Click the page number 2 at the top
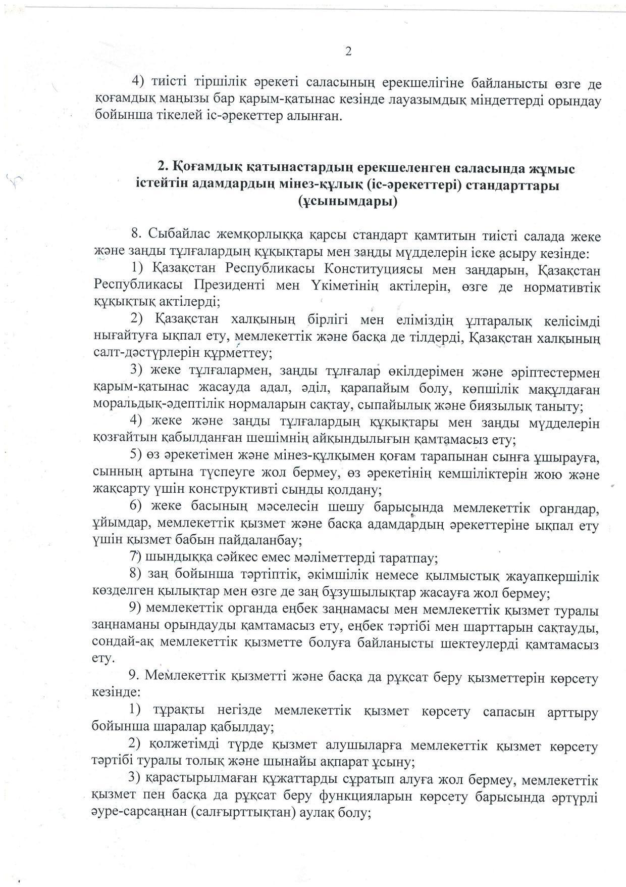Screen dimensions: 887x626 click(x=348, y=51)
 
